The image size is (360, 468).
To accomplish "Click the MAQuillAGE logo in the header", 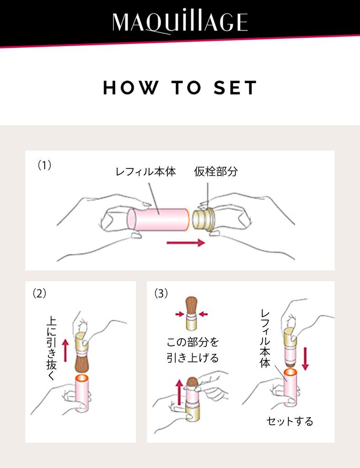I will click(180, 21).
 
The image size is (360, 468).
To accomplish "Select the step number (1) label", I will click(44, 165).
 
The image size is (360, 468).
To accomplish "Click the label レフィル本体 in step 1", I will click(145, 173).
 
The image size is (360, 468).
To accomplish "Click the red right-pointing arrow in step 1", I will click(185, 243).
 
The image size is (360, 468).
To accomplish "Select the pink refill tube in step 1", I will click(158, 219).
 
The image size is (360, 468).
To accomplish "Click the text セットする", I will click(290, 421).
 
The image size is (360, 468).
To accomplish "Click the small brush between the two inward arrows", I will click(191, 314).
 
